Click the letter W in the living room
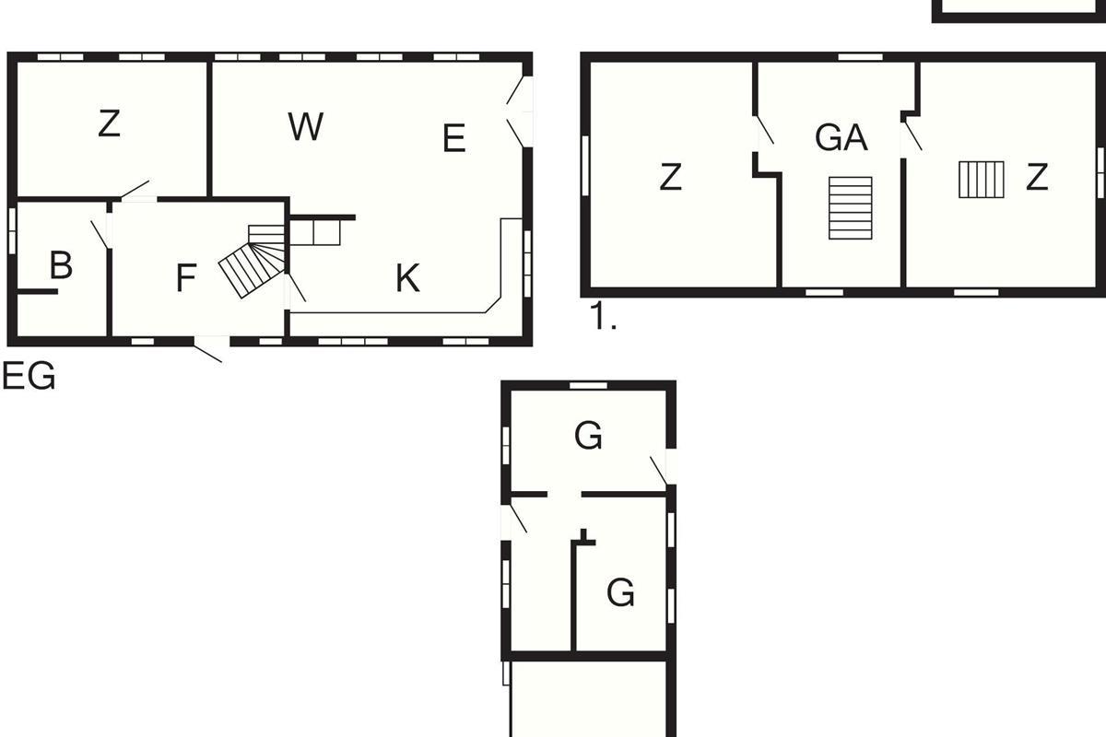tap(306, 126)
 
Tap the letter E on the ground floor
tap(454, 138)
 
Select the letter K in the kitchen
tap(407, 278)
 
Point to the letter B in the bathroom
tap(61, 264)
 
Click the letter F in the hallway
tap(186, 277)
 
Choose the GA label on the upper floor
tap(841, 137)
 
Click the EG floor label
tap(29, 376)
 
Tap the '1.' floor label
tap(603, 316)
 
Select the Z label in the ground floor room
tap(109, 123)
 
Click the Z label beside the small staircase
tap(1037, 176)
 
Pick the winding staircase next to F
tap(253, 261)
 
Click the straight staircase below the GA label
tap(850, 208)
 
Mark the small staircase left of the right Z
tap(981, 180)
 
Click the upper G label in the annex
tap(588, 435)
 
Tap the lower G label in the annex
tap(620, 591)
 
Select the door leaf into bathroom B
tap(100, 235)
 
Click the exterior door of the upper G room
tap(659, 471)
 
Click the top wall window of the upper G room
tap(588, 385)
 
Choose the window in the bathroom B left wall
tap(12, 230)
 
